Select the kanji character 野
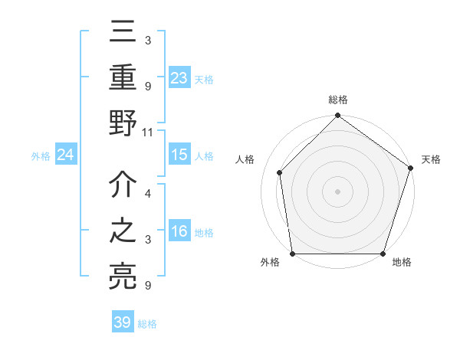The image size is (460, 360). click(x=123, y=123)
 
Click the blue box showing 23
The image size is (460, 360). click(x=179, y=77)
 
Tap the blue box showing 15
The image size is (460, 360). click(x=179, y=155)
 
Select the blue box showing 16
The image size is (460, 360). click(x=179, y=232)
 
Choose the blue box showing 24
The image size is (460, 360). click(x=66, y=155)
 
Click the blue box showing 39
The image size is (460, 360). click(x=123, y=322)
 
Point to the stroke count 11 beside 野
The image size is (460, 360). click(x=148, y=132)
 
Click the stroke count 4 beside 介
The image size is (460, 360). click(x=147, y=194)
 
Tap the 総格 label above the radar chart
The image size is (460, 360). click(x=338, y=100)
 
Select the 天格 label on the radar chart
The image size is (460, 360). click(x=431, y=159)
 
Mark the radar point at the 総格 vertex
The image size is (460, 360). click(x=338, y=116)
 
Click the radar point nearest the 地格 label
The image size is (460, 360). click(x=383, y=254)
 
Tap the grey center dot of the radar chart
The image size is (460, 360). click(x=338, y=191)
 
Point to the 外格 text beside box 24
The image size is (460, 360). click(x=41, y=155)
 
